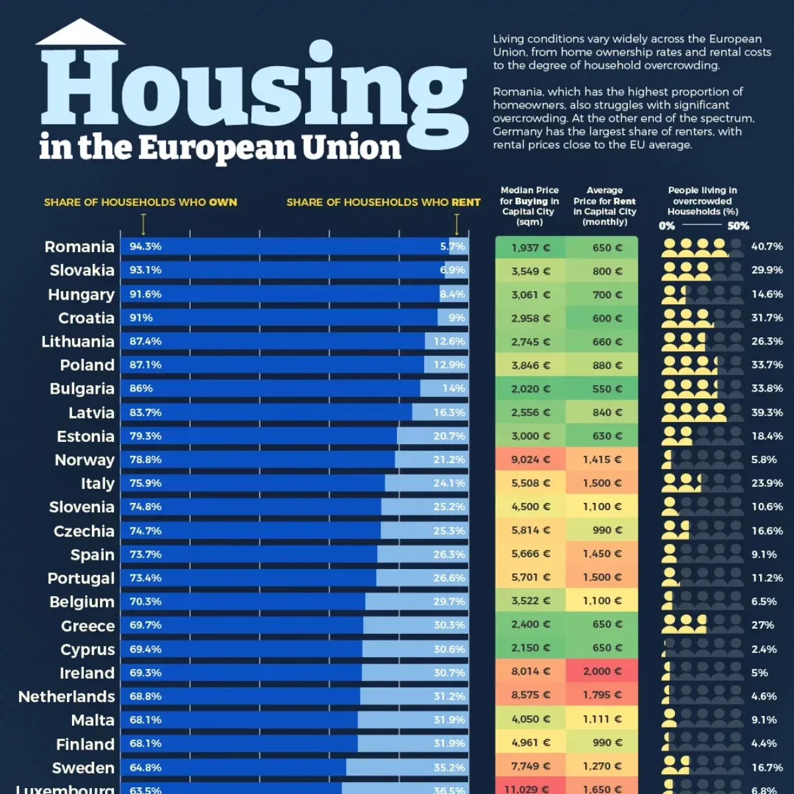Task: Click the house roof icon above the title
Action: pyautogui.click(x=80, y=32)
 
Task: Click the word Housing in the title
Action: pyautogui.click(x=255, y=89)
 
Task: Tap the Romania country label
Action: pyautogui.click(x=79, y=247)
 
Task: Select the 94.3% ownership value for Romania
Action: pyautogui.click(x=146, y=247)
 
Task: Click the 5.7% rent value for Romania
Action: pyautogui.click(x=453, y=247)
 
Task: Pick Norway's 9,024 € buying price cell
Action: pyautogui.click(x=531, y=460)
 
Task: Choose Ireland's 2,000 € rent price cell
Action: pyautogui.click(x=602, y=672)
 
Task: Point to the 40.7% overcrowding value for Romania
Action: pyautogui.click(x=767, y=247)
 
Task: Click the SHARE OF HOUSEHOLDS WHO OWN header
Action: pyautogui.click(x=140, y=202)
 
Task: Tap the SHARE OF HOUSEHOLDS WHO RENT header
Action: pyautogui.click(x=383, y=202)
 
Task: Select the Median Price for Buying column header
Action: pyautogui.click(x=529, y=206)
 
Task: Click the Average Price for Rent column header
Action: pyautogui.click(x=605, y=206)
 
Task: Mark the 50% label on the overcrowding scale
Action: pyautogui.click(x=738, y=226)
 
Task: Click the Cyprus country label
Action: pyautogui.click(x=87, y=650)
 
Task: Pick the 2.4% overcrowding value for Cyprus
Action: pyautogui.click(x=764, y=650)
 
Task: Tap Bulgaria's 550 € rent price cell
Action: pyautogui.click(x=602, y=389)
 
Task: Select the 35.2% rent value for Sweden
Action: pyautogui.click(x=449, y=768)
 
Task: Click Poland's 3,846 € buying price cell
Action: pyautogui.click(x=531, y=365)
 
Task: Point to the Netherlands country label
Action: pyautogui.click(x=66, y=697)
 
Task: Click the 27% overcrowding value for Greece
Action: pyautogui.click(x=762, y=625)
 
